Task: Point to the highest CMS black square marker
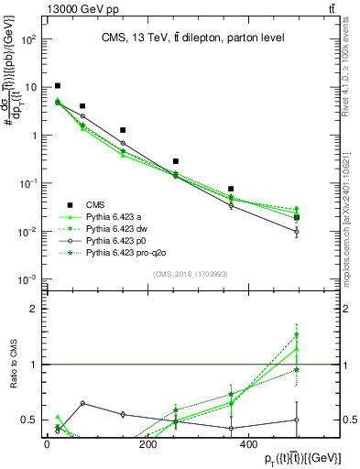click(x=58, y=86)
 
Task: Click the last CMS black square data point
click(x=297, y=217)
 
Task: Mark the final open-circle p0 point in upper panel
click(x=297, y=232)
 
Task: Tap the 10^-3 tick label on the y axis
click(x=28, y=278)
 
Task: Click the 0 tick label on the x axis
click(x=47, y=445)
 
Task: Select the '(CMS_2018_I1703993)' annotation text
click(x=191, y=273)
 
